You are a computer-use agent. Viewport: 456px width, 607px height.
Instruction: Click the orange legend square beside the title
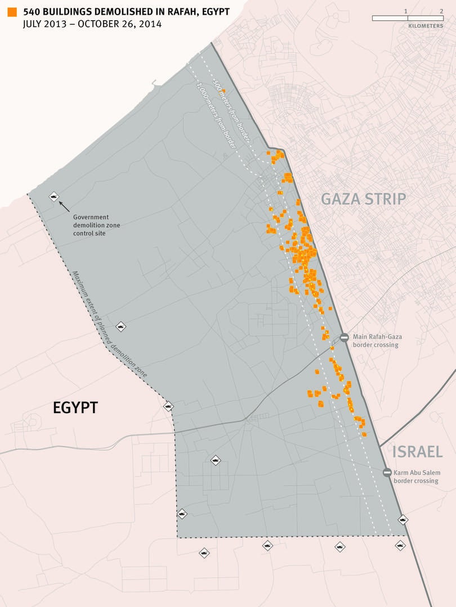(x=12, y=12)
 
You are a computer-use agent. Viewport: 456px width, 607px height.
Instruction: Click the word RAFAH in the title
(x=181, y=12)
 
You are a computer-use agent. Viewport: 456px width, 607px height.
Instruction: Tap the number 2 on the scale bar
(x=441, y=11)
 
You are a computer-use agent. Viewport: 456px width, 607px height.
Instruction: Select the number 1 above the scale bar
(x=406, y=11)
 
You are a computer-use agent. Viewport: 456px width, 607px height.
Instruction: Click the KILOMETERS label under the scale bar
(x=426, y=26)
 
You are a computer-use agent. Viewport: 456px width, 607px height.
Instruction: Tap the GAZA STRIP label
(x=363, y=198)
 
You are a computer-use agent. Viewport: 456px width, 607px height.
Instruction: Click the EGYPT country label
(x=75, y=407)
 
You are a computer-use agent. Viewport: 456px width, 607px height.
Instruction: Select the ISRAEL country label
(x=417, y=451)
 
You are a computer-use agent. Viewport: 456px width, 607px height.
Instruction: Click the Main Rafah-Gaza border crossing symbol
(x=344, y=337)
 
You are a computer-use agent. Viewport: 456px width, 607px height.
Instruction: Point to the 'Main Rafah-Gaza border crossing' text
(x=377, y=341)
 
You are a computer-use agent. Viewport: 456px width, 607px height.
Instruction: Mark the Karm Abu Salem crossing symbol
(x=387, y=473)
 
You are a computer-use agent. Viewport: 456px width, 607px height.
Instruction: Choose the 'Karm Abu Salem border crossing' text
(x=417, y=477)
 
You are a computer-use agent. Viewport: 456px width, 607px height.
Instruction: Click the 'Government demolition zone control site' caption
(x=96, y=225)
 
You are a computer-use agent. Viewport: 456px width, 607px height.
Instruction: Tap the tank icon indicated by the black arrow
(x=54, y=196)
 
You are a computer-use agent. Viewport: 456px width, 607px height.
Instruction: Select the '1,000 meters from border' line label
(x=215, y=115)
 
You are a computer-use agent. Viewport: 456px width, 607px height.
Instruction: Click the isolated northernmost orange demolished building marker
(x=223, y=90)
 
